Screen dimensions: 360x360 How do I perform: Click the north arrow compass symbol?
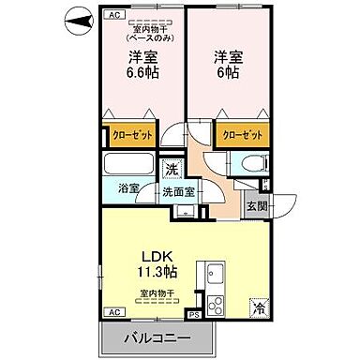[x=78, y=18]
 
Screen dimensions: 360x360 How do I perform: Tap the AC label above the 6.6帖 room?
[x=114, y=15]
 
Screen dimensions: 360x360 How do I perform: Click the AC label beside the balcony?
[x=113, y=311]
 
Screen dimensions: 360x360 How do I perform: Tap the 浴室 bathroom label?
[x=129, y=188]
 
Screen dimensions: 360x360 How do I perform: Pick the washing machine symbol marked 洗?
[x=171, y=170]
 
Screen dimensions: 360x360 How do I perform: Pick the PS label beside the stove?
[x=193, y=316]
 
